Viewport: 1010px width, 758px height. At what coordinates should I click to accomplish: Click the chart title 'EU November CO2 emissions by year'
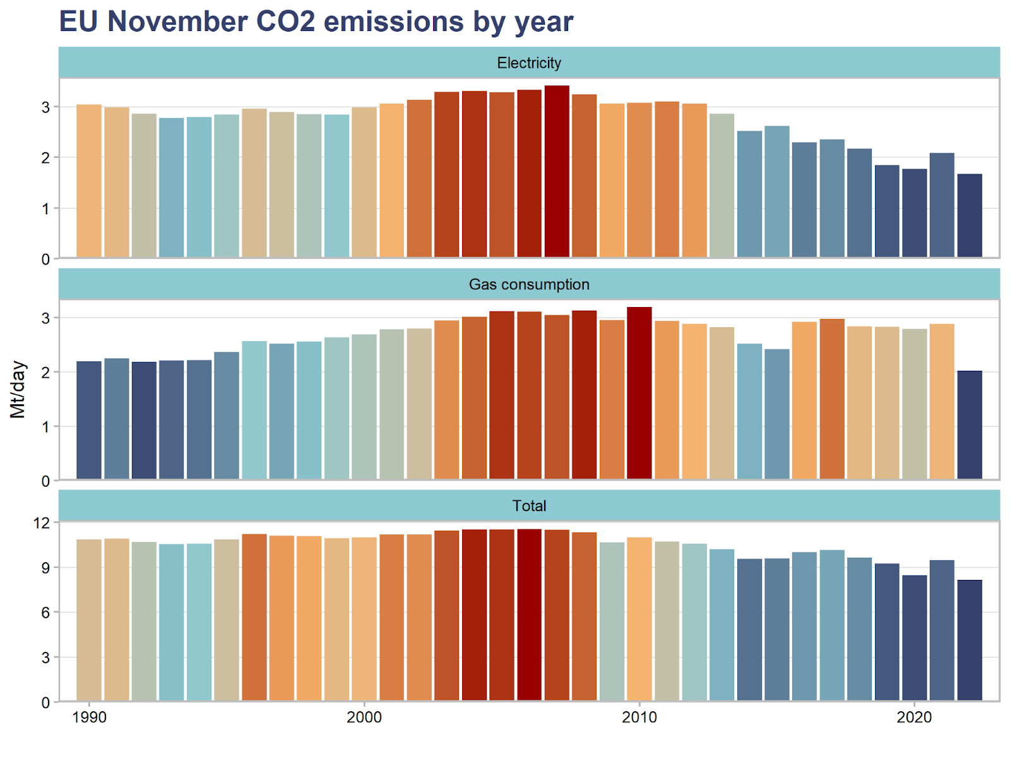click(x=316, y=21)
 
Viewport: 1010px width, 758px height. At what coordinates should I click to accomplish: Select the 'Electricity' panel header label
click(x=529, y=63)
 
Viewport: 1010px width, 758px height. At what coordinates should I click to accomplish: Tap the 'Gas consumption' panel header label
click(x=529, y=284)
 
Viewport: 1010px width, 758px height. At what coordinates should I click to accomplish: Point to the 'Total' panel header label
click(x=529, y=506)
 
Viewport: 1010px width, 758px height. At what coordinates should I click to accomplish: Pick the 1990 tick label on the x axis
click(x=89, y=718)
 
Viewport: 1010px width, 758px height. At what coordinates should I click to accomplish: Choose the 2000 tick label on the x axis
click(x=364, y=718)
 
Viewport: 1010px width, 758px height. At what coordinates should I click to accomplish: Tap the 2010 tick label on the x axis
click(x=639, y=718)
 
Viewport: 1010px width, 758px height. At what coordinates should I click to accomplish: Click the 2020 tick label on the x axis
click(x=914, y=718)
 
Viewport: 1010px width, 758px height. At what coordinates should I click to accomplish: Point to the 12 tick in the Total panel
click(x=42, y=523)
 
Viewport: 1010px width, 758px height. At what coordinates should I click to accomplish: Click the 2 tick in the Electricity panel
click(x=45, y=158)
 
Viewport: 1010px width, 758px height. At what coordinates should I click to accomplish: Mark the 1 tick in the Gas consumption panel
click(x=45, y=427)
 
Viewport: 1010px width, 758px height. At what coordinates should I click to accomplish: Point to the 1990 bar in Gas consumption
click(x=89, y=420)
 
